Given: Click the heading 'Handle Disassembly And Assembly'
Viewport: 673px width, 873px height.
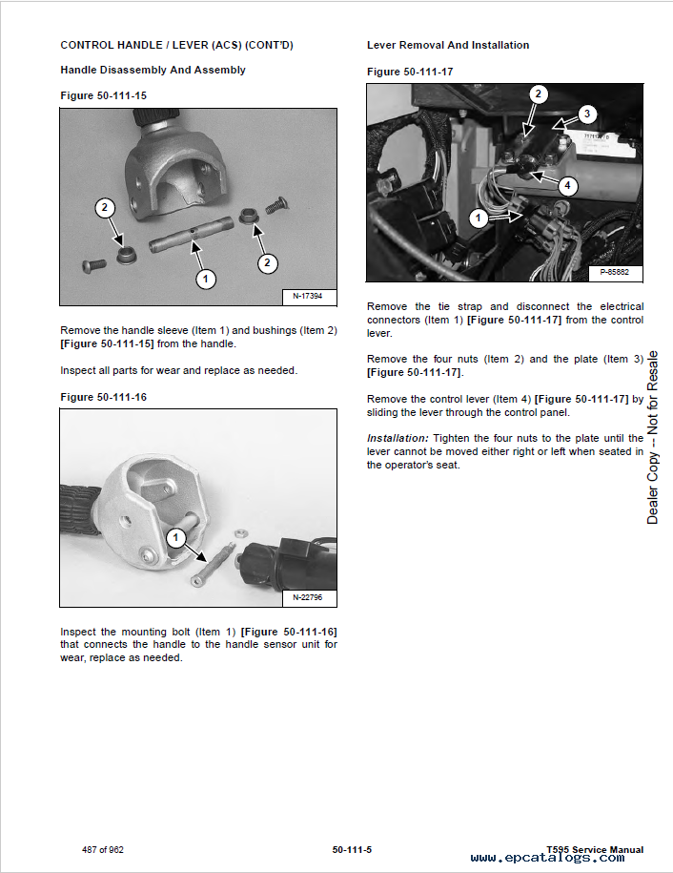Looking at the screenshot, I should coord(153,70).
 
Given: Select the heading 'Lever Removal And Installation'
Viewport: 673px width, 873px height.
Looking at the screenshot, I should coord(448,45).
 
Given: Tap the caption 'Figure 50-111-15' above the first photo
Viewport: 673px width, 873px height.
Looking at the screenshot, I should coord(103,95).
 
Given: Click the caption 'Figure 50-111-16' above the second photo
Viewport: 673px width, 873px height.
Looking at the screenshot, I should coord(103,397).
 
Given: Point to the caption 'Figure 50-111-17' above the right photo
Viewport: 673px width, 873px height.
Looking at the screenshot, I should coord(410,72).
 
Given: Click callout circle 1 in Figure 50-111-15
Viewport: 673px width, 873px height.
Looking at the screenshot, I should coord(206,279).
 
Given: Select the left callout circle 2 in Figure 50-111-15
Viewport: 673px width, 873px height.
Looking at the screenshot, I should coord(105,208).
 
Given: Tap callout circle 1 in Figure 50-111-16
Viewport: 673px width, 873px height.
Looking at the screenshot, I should coord(174,538).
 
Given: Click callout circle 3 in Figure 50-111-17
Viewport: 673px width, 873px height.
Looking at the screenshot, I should coord(586,114).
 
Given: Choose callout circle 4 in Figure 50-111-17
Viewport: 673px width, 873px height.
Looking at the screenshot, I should coord(567,185).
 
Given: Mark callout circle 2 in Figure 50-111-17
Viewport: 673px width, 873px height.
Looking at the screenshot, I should coord(539,94).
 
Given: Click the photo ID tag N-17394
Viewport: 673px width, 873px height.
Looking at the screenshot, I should coord(307,296).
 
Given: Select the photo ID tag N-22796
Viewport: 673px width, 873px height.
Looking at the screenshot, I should coord(307,597).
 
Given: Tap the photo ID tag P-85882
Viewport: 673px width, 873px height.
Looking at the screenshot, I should coord(615,272).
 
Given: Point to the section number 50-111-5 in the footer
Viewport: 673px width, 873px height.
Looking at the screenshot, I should coord(352,849).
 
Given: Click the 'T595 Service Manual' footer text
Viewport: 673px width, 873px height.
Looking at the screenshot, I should coord(595,849).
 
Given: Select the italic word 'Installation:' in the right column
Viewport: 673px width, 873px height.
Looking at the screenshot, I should coord(398,438).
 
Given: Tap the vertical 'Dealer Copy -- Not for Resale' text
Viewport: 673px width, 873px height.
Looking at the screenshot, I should coord(653,438).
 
